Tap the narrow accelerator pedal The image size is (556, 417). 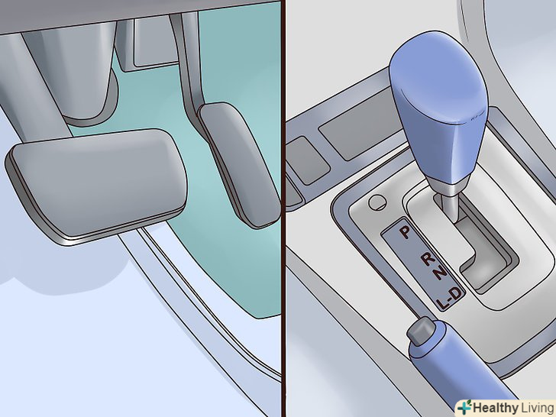[238, 164]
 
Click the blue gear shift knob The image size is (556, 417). [438, 106]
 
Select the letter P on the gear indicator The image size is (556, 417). [405, 232]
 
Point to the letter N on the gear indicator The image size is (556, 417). [440, 273]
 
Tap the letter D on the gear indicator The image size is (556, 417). [456, 293]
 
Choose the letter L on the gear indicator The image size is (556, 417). [441, 303]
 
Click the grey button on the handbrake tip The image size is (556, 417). [421, 331]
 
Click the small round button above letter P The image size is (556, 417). [377, 202]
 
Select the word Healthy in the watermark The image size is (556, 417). [496, 408]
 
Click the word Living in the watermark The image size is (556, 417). [537, 408]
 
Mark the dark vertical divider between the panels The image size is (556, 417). [283, 208]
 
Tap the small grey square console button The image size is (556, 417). [308, 160]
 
